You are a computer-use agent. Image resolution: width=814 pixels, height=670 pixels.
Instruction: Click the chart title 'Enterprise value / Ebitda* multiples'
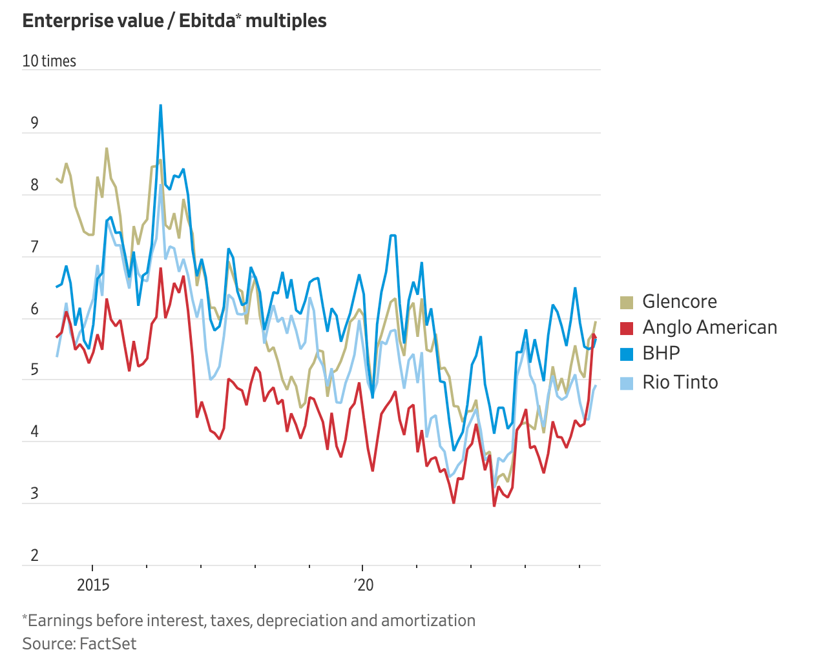(174, 21)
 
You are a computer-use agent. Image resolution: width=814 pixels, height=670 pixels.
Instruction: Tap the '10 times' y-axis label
(49, 61)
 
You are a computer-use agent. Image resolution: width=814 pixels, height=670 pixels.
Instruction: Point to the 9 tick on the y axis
(34, 123)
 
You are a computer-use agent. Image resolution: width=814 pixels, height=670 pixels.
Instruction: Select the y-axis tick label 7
(34, 247)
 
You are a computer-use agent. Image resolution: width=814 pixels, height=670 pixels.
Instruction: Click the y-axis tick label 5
(34, 370)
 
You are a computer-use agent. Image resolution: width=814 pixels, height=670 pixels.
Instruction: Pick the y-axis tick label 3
(34, 494)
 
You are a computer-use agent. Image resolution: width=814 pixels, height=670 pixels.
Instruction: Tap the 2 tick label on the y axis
(34, 555)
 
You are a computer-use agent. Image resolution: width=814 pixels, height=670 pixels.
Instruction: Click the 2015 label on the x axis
(93, 585)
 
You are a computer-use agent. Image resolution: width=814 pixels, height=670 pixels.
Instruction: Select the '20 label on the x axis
(363, 585)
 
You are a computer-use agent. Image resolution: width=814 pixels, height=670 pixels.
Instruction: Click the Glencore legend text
(680, 301)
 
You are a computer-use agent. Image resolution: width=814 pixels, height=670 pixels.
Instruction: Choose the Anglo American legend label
(709, 327)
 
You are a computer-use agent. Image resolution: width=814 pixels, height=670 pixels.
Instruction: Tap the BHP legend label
(661, 353)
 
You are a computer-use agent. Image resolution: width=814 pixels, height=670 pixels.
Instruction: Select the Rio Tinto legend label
(680, 382)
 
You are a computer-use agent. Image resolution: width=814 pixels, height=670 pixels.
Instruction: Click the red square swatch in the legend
(627, 328)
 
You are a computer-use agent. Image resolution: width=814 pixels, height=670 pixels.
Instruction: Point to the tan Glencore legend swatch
(627, 302)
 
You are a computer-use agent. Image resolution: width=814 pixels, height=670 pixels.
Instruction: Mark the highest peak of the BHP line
(161, 105)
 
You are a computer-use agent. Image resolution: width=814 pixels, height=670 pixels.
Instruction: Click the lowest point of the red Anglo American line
(495, 505)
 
